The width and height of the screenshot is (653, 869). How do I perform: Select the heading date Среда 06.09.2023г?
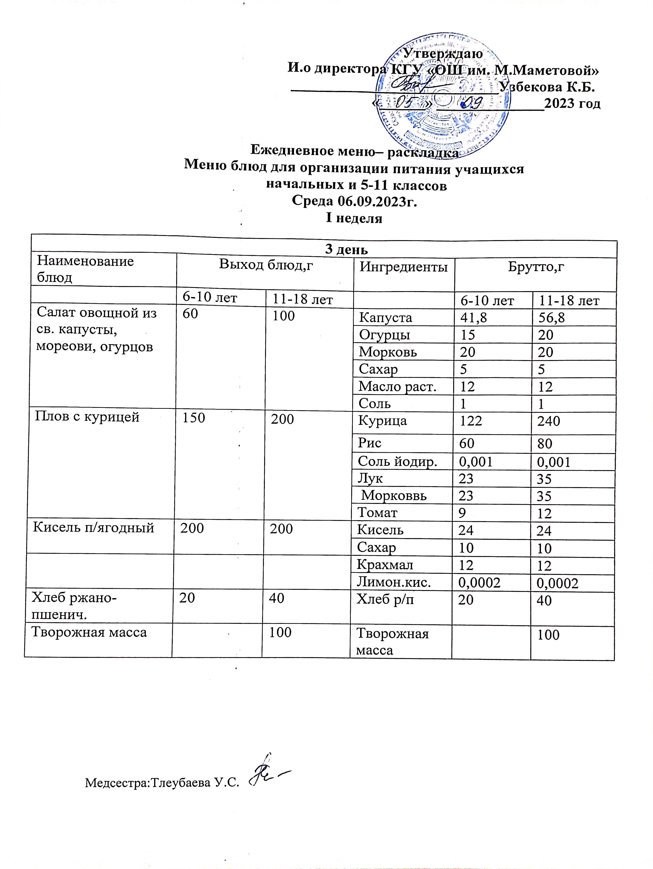click(353, 201)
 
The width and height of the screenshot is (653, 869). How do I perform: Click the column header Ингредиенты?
click(404, 267)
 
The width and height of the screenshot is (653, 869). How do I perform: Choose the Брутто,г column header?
click(536, 267)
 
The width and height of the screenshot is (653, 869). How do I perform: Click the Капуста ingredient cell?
click(386, 317)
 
